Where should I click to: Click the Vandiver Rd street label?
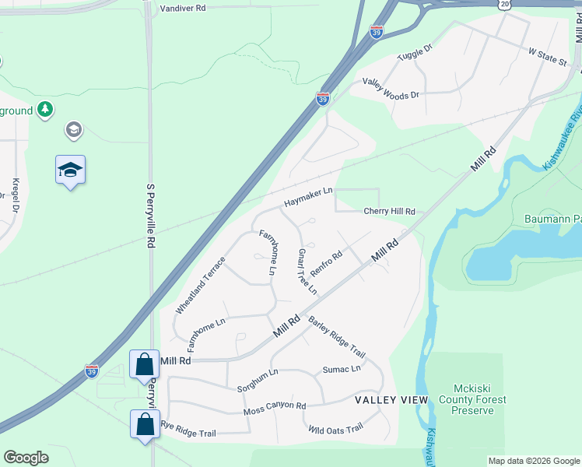click(x=183, y=8)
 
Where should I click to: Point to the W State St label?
click(x=548, y=57)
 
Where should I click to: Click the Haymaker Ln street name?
click(x=308, y=196)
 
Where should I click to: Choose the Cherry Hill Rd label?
click(x=389, y=212)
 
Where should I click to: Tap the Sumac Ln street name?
click(x=342, y=370)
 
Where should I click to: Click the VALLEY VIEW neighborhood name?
click(x=391, y=399)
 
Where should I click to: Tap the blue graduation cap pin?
click(x=70, y=170)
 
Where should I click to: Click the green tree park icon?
click(x=46, y=109)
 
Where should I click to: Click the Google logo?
click(x=26, y=458)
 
